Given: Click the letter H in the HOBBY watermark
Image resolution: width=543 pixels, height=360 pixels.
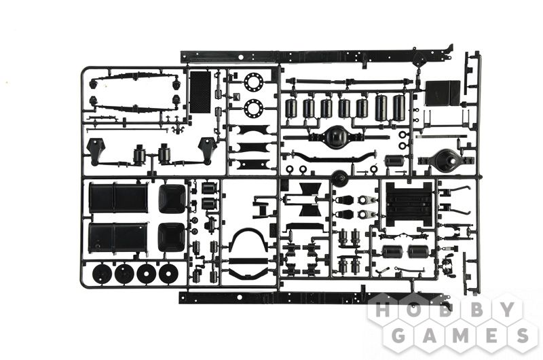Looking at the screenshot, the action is point(383,310).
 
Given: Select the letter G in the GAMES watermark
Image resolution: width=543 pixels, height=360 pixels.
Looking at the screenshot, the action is point(398,335).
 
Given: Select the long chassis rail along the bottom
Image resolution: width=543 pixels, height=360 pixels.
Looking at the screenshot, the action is point(315,298).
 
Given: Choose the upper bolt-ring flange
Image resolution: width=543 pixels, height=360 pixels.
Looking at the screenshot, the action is point(253,82).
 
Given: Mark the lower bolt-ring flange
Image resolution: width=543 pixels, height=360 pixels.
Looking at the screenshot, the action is point(253,108).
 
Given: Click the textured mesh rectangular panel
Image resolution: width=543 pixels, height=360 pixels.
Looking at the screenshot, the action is point(200,92).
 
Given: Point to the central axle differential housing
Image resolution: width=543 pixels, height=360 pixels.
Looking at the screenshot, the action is point(334,137).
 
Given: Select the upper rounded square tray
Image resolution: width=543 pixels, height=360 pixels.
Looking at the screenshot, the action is point(172,199).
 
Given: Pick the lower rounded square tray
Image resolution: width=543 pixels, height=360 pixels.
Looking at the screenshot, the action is point(172,238).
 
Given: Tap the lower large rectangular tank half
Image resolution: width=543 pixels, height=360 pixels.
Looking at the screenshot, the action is point(118,238).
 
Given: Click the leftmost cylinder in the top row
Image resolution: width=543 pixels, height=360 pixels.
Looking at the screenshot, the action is point(291,108).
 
